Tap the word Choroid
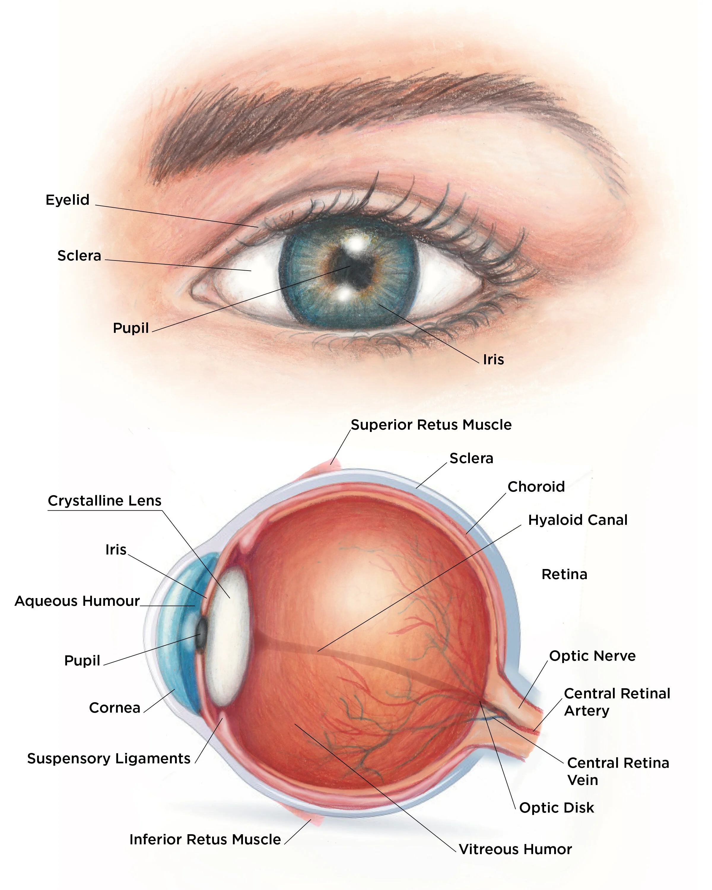pos(536,487)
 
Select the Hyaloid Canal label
pos(577,520)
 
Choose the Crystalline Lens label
pos(104,501)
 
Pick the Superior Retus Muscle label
pos(431,425)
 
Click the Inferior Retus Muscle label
pos(205,839)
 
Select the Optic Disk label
pos(556,808)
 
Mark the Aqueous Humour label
pos(77,601)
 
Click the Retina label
pos(564,574)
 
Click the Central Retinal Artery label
pos(617,702)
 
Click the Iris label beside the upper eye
pos(493,360)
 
